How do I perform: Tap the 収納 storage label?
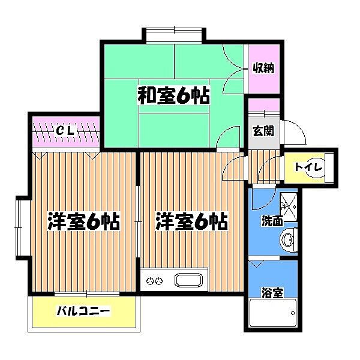(263, 68)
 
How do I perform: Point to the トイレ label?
(308, 166)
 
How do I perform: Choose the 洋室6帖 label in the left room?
(83, 222)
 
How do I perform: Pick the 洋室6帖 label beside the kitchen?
(191, 222)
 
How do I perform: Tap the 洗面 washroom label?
(272, 221)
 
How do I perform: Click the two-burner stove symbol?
(155, 280)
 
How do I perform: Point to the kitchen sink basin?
(188, 280)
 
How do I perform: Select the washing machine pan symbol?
(288, 204)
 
